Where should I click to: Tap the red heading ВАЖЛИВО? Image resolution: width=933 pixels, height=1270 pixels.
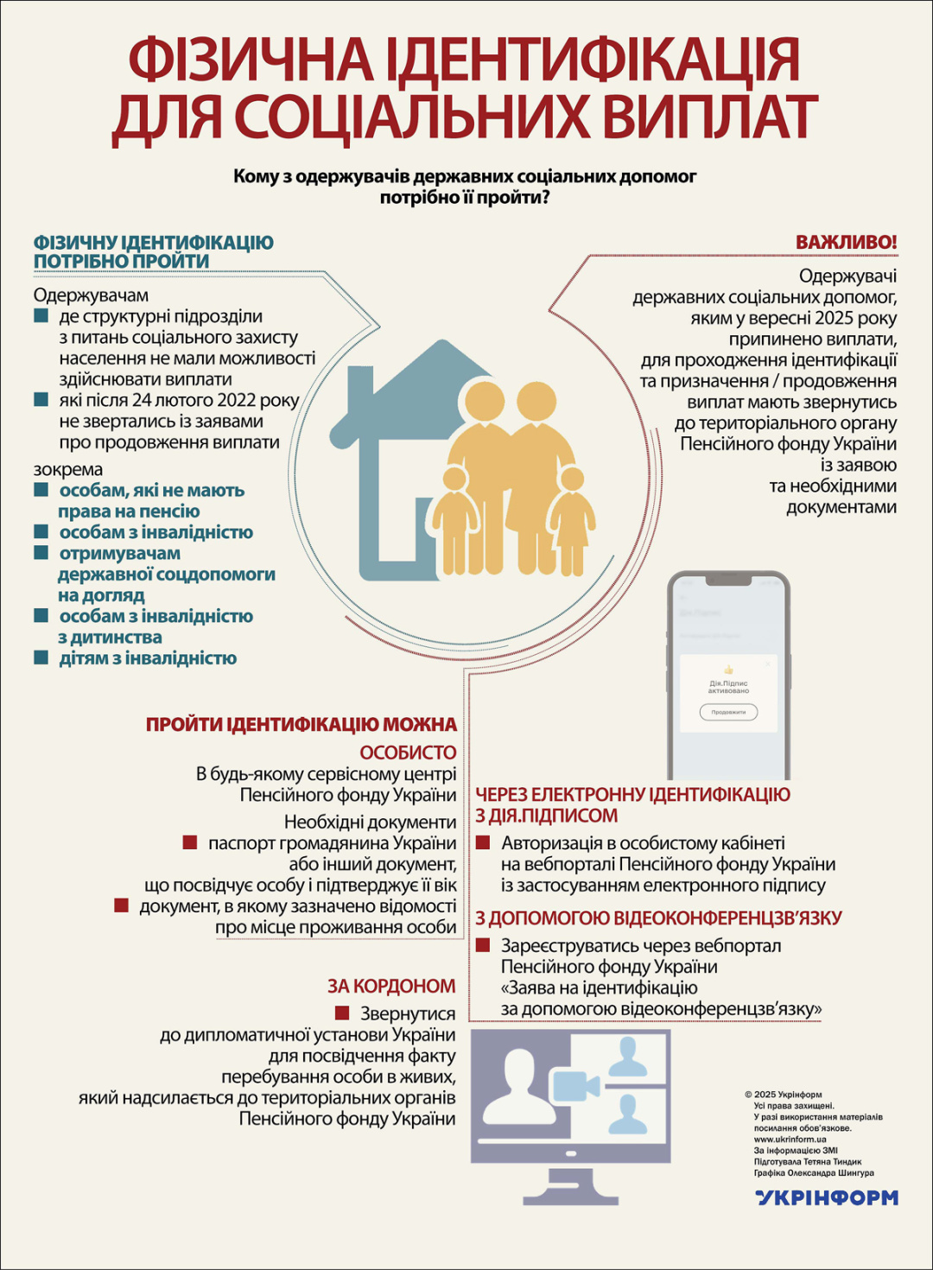tap(846, 242)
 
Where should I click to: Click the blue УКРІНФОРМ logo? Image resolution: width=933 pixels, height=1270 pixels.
tap(827, 1197)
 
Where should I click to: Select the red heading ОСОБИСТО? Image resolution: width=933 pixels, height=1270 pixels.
tap(408, 752)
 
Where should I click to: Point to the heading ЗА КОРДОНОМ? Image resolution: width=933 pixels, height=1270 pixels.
tap(391, 986)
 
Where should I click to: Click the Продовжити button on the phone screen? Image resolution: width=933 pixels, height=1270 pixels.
tap(728, 712)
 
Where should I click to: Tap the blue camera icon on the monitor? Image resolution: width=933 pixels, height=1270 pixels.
tap(576, 1085)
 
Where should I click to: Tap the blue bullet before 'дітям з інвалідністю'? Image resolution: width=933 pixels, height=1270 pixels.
tap(41, 658)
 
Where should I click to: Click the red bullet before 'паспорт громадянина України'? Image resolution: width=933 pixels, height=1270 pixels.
tap(190, 842)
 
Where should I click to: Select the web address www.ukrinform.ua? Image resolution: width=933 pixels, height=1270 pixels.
tap(790, 1139)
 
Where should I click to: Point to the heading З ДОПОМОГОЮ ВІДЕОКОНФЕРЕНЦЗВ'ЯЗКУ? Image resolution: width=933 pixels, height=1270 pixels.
tap(658, 918)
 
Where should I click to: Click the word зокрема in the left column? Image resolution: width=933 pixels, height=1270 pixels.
tap(68, 469)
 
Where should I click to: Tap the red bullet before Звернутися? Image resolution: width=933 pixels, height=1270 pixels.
tap(342, 1013)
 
